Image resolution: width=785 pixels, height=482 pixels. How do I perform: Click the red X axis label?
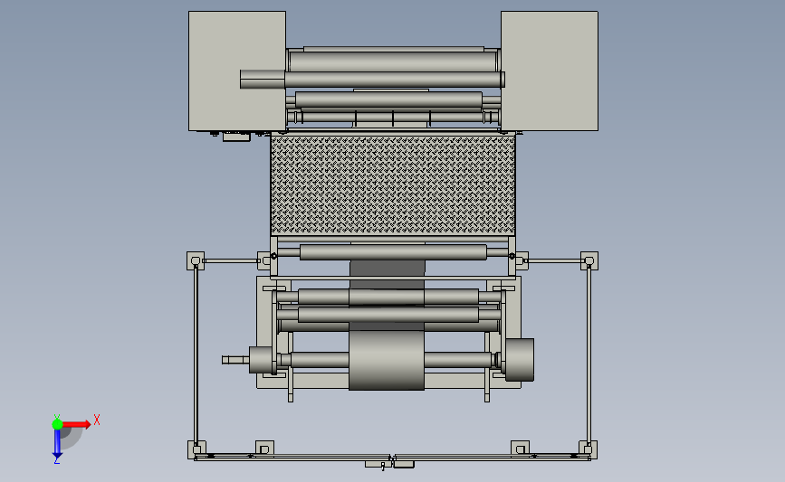coord(97,420)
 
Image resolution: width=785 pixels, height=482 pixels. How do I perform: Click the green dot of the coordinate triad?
coord(57,424)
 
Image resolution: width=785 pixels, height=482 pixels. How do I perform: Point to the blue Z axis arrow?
coord(57,443)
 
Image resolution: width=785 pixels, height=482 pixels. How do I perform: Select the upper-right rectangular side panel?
coord(550,71)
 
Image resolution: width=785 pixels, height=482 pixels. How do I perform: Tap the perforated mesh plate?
coord(393,185)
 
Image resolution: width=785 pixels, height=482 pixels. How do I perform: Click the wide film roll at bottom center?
coord(387,360)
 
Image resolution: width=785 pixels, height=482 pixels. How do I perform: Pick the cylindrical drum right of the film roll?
coord(519,360)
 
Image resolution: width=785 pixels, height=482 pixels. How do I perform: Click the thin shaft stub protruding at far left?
coord(235,360)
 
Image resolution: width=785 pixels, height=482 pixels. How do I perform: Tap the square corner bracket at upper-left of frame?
coord(196,261)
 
